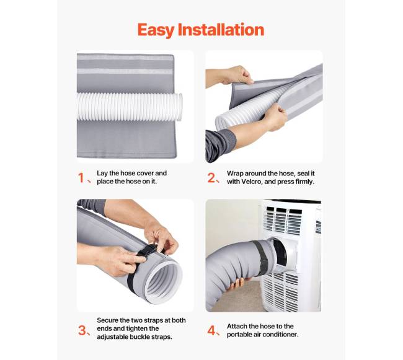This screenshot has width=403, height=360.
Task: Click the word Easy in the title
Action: click(156, 30)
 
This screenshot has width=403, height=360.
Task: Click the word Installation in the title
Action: click(221, 30)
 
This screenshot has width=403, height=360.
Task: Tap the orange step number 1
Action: click(81, 178)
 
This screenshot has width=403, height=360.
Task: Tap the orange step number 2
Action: click(212, 178)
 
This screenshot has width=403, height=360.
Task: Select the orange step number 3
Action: click(82, 330)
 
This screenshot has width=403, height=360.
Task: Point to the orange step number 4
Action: click(212, 330)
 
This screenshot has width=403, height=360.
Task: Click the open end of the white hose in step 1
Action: click(180, 107)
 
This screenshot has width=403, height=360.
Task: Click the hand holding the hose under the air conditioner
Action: click(238, 284)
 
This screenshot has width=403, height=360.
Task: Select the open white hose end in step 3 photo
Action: click(163, 282)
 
